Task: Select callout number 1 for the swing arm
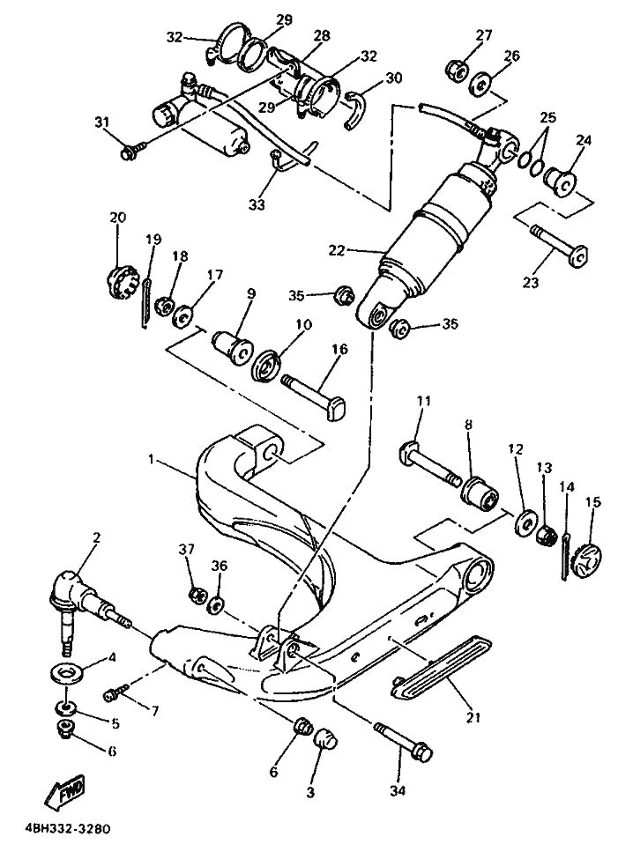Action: click(151, 459)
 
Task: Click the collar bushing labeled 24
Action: click(559, 179)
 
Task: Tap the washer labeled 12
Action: click(526, 523)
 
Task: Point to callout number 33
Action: click(256, 204)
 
